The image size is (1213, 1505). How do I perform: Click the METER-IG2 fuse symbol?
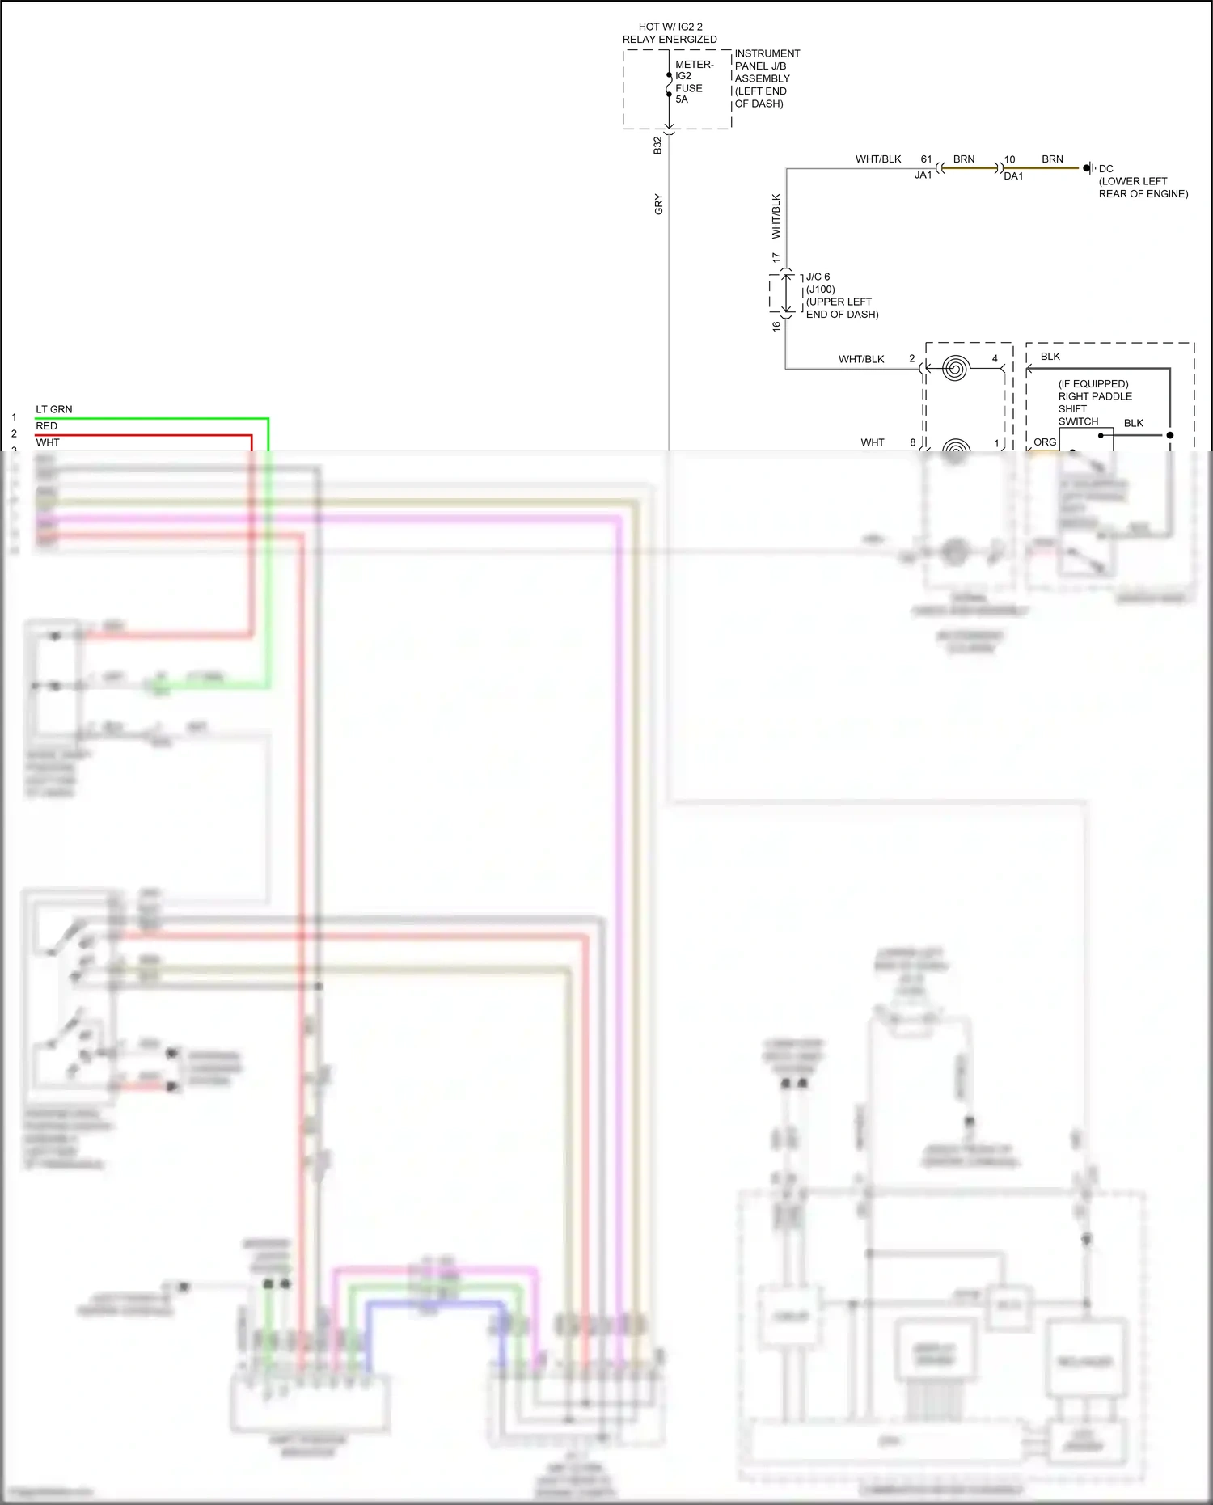pos(669,85)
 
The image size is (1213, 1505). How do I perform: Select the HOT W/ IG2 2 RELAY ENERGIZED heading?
pos(670,33)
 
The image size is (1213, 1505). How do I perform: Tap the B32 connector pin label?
pos(657,146)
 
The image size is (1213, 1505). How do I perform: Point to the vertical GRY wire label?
pos(658,204)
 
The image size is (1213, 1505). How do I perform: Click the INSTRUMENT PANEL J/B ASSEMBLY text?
pos(766,78)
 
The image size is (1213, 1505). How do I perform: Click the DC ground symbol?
pos(1088,168)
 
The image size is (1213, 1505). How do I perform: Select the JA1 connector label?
pos(923,175)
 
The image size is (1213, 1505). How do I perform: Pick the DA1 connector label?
pos(1013,176)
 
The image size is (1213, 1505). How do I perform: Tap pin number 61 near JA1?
pos(926,159)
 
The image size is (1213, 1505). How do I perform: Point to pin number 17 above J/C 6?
pos(776,258)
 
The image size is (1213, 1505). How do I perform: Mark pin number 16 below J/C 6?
pos(776,326)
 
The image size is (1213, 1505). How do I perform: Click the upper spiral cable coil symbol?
pos(955,369)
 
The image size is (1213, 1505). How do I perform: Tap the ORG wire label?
pos(1044,442)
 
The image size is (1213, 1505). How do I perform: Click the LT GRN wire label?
pos(53,409)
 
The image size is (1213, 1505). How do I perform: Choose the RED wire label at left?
pos(46,426)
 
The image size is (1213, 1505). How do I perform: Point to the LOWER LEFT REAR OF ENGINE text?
pos(1143,188)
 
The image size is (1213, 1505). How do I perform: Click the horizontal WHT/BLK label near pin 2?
pos(861,359)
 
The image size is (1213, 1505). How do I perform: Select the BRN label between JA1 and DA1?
pos(964,159)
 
